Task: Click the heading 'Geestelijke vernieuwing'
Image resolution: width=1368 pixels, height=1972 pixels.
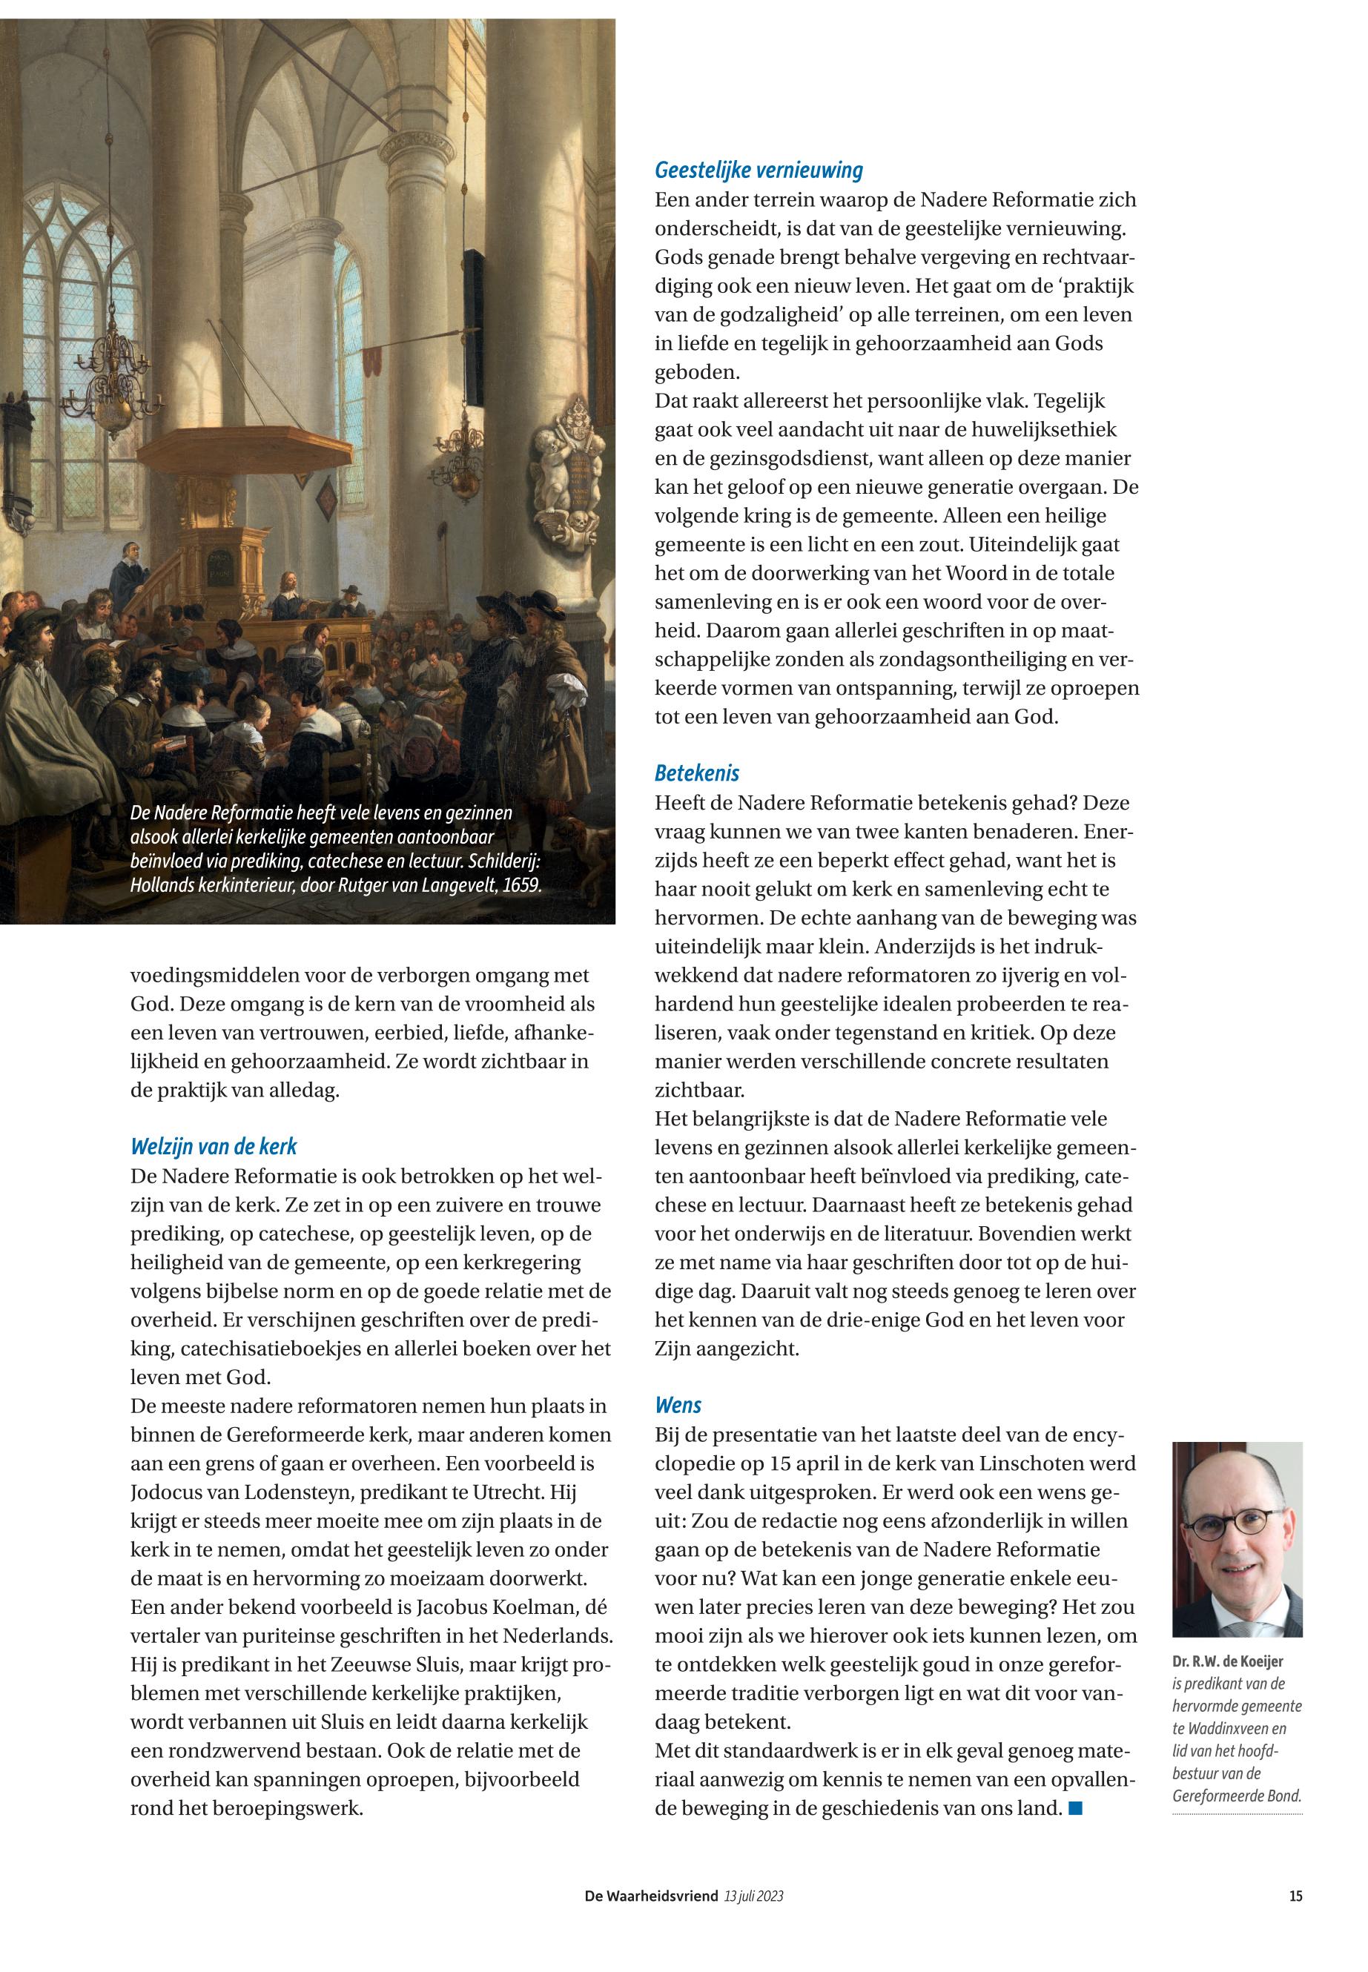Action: point(759,171)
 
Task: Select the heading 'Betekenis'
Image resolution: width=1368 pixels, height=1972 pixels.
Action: point(697,773)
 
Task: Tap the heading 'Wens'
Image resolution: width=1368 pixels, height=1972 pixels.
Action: point(678,1405)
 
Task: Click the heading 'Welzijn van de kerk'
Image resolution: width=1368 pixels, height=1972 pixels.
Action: point(214,1147)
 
